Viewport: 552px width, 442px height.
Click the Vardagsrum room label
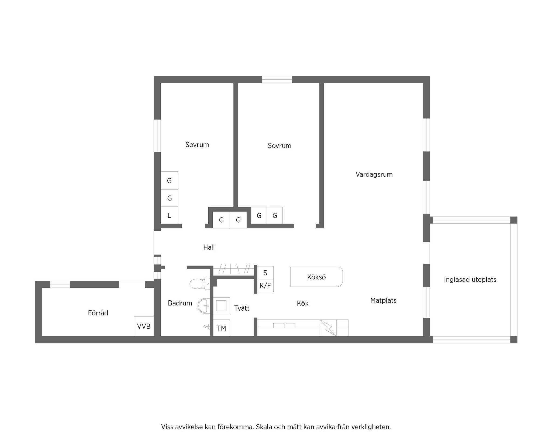tap(374, 175)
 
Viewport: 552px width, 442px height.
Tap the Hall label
tap(209, 247)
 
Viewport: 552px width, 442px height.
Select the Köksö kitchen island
tap(316, 277)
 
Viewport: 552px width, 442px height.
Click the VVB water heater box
tap(144, 326)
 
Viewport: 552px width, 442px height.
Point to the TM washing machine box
tap(222, 328)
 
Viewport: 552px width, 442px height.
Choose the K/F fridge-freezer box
tap(265, 286)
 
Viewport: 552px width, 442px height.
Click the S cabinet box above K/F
tap(265, 273)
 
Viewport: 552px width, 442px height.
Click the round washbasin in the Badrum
tap(204, 306)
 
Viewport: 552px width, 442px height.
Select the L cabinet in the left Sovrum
tap(169, 215)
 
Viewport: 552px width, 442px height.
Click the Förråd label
tap(98, 313)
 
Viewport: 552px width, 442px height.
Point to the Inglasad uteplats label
tap(470, 280)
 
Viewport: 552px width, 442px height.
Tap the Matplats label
tap(383, 300)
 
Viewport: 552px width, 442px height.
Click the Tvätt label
tap(242, 308)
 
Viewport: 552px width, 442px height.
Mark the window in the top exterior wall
tap(277, 79)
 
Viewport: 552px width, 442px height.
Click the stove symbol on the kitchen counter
tap(328, 328)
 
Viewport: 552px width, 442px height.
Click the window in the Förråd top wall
tap(60, 284)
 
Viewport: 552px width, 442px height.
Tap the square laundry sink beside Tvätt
tap(222, 306)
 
